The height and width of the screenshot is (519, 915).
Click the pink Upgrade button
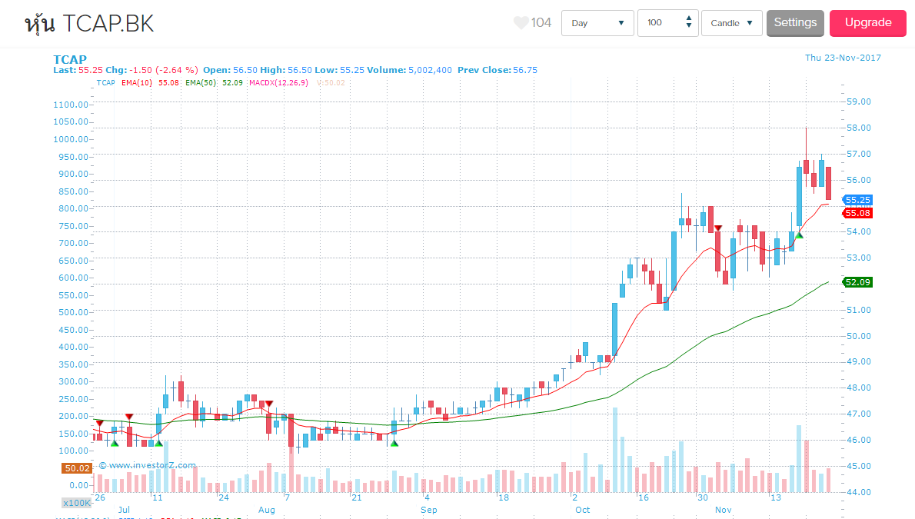(x=868, y=23)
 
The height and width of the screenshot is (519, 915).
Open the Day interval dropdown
(x=597, y=23)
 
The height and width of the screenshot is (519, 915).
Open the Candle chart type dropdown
(x=731, y=23)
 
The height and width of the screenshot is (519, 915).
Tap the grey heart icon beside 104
(x=521, y=23)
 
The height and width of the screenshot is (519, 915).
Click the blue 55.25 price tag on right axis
(x=857, y=199)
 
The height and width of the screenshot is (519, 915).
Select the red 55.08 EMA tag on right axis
(x=857, y=212)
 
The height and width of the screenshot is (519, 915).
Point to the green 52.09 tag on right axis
(x=857, y=282)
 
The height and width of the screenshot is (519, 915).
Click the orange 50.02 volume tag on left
(x=78, y=467)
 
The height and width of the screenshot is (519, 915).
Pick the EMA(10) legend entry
(x=139, y=82)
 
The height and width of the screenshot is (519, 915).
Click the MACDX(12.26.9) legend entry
(x=278, y=82)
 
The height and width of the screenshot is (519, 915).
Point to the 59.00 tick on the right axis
(x=857, y=101)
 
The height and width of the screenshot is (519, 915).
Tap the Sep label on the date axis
(x=429, y=510)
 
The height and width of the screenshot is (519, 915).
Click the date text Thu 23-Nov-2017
(x=843, y=58)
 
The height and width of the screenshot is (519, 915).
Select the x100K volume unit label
(x=77, y=502)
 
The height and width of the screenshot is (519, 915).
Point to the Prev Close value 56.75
(x=525, y=70)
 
